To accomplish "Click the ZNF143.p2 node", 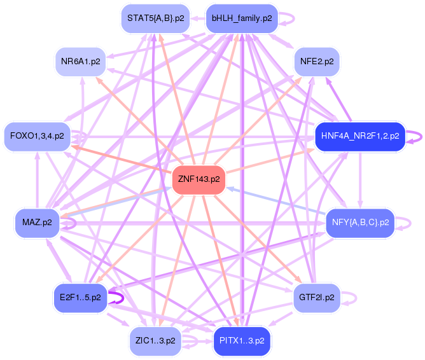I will (199, 179).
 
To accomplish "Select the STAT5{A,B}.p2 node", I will (155, 18).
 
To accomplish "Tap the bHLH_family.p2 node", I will (242, 18).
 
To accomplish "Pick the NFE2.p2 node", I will (317, 62).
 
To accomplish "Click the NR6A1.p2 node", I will (80, 62).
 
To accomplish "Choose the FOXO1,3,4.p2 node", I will (38, 135).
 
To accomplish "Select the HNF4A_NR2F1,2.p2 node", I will (360, 135).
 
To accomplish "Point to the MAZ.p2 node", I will (37, 222).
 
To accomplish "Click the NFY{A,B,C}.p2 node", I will (360, 222).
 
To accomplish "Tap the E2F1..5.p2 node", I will (80, 297).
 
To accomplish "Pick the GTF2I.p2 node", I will (317, 297).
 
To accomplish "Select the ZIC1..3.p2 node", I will (155, 340).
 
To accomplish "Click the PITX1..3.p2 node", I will (242, 340).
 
